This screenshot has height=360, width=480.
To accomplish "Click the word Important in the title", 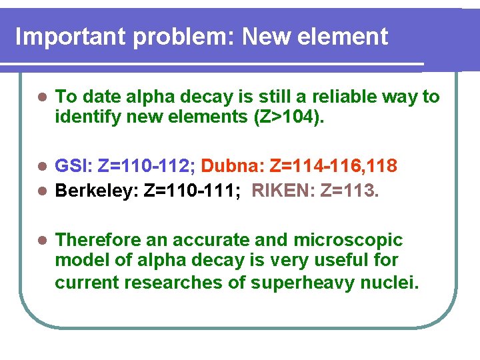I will (x=71, y=36).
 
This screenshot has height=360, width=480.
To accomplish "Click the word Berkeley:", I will (x=97, y=192).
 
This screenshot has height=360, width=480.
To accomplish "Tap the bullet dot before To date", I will (x=41, y=97).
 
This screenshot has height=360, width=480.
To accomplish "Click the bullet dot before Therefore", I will (x=41, y=240).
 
